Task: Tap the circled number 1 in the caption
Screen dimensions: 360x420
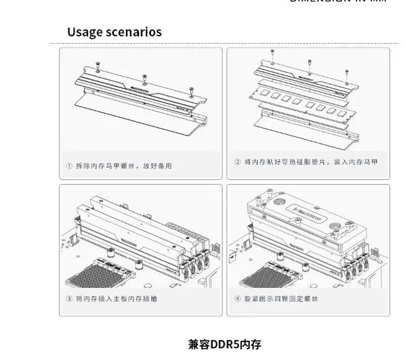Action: coord(69,165)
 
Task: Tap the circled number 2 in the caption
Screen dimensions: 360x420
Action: coord(237,161)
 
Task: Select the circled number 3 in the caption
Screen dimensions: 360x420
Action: coord(69,299)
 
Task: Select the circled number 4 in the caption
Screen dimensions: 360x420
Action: coord(237,299)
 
